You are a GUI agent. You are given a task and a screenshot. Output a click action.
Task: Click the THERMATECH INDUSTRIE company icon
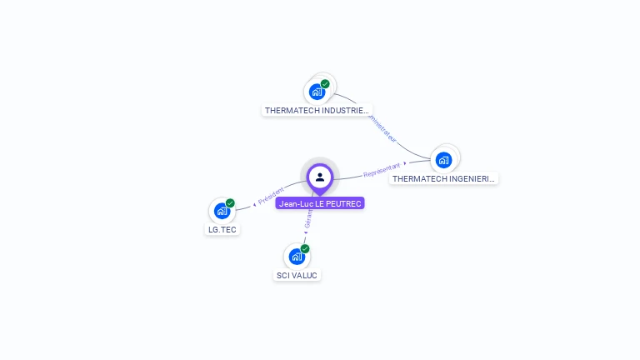click(x=317, y=92)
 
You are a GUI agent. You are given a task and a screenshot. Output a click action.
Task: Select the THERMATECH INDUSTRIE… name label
click(x=317, y=110)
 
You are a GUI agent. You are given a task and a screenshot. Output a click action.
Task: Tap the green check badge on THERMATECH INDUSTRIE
click(x=325, y=84)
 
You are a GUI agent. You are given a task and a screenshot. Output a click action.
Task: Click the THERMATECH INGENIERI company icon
click(x=444, y=159)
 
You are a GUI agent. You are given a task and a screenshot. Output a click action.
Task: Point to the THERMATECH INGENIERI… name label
click(x=444, y=178)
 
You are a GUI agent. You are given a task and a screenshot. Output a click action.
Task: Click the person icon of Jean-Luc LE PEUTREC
click(x=320, y=177)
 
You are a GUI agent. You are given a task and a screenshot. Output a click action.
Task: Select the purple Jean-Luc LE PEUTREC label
click(x=320, y=203)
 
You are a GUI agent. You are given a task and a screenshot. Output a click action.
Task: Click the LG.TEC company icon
click(x=222, y=211)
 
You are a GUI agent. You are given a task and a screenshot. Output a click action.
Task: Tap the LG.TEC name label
click(x=222, y=229)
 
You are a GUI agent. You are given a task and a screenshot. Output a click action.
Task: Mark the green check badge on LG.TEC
click(x=230, y=203)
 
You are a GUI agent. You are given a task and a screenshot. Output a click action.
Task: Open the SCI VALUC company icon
click(x=297, y=257)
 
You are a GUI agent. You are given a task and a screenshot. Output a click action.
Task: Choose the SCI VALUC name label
click(x=297, y=275)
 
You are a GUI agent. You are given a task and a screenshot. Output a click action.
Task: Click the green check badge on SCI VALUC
click(x=305, y=249)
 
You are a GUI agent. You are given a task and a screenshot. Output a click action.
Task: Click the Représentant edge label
click(x=382, y=169)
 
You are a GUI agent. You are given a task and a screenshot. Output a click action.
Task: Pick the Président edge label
click(x=272, y=197)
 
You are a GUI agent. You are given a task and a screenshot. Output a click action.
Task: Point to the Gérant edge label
click(x=307, y=220)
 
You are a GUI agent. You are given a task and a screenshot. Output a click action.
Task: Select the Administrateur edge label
click(x=382, y=127)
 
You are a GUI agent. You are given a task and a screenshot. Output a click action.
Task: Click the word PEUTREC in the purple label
click(x=344, y=203)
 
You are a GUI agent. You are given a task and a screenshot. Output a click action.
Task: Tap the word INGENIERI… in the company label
click(x=470, y=178)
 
